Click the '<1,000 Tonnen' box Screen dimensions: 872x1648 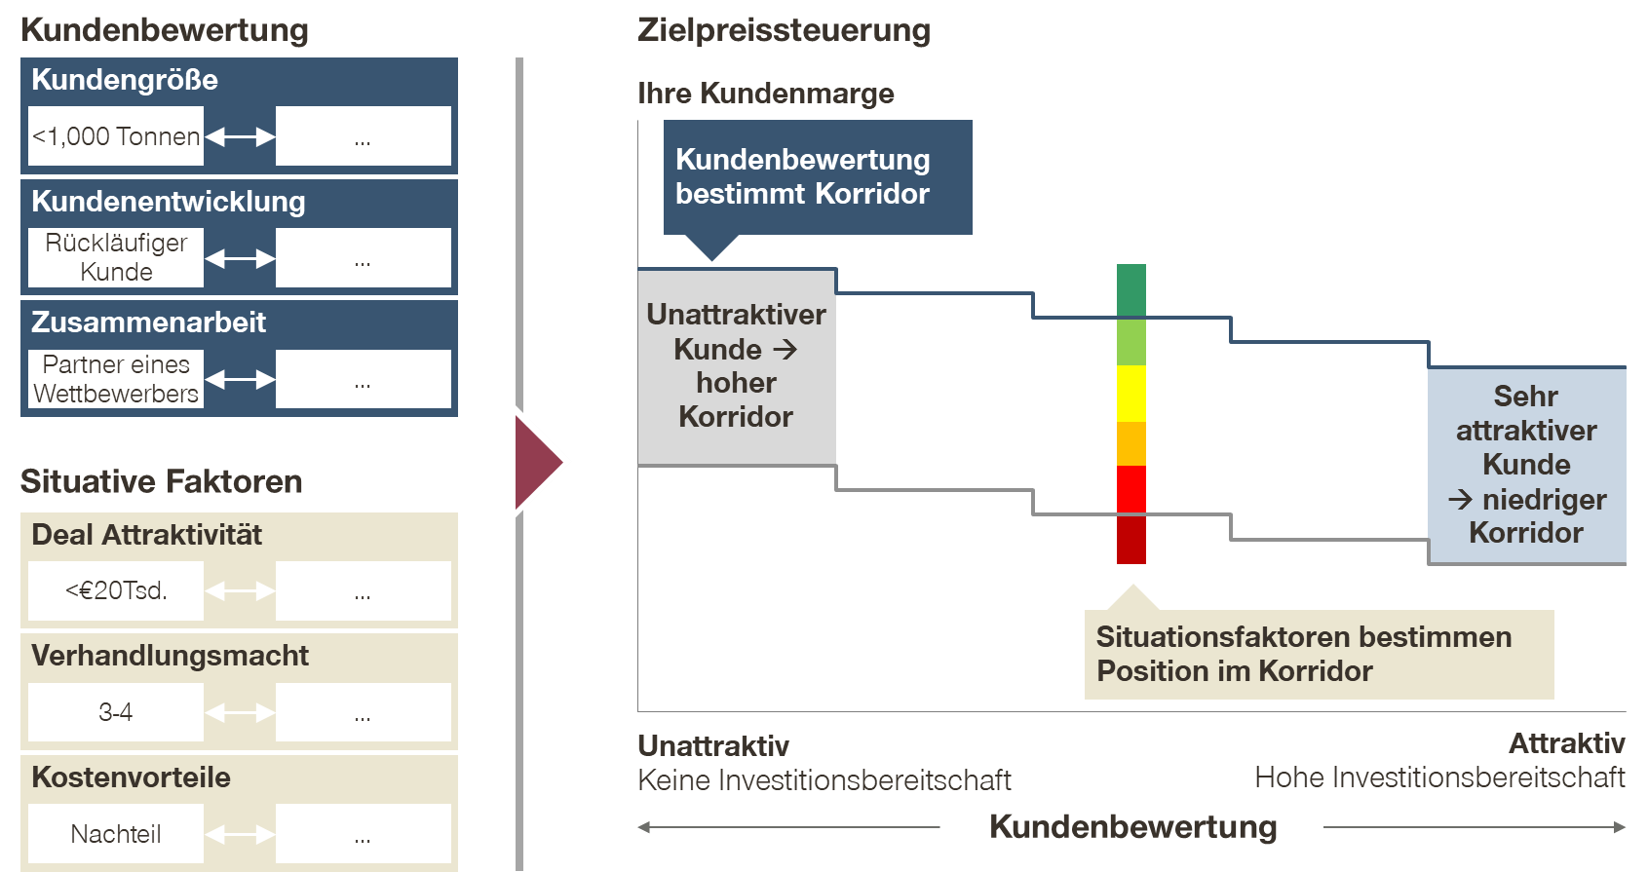click(116, 136)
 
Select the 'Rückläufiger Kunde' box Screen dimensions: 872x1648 click(116, 257)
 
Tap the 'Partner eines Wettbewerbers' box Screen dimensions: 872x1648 click(116, 379)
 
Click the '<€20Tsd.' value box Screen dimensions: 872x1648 click(116, 590)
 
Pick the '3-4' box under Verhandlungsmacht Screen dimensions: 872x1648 click(116, 712)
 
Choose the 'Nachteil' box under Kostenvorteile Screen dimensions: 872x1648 click(116, 834)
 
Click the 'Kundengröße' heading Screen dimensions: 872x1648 click(125, 80)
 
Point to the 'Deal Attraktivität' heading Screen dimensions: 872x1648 click(146, 535)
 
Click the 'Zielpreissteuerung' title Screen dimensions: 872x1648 click(784, 30)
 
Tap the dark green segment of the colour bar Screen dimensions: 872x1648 click(1131, 290)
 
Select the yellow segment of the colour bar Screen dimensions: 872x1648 click(1131, 393)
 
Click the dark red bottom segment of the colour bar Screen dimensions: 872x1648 click(1131, 539)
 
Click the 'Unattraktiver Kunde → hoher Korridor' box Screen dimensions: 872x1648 click(737, 366)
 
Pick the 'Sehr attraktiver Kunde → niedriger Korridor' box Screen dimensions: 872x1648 click(1526, 465)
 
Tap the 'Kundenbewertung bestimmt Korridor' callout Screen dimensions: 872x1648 click(817, 177)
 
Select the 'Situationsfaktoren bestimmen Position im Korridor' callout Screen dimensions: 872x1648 click(1318, 654)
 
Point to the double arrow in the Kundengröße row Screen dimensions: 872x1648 click(240, 137)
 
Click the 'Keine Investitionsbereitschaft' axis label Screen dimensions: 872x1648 click(824, 780)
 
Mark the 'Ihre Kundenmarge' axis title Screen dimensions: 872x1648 click(765, 94)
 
